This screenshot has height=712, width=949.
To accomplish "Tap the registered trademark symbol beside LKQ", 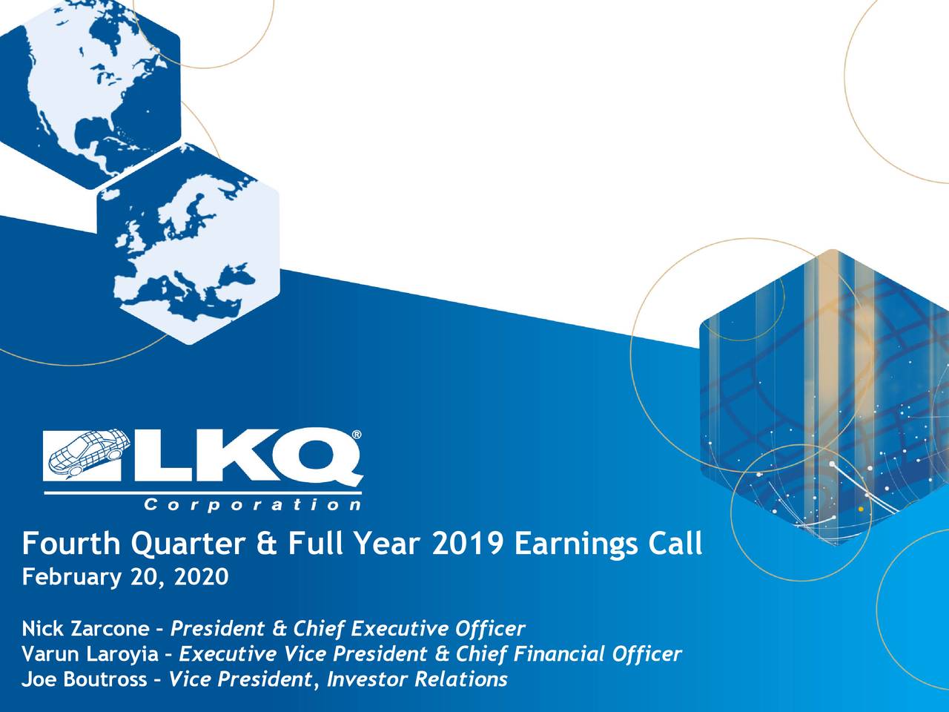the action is point(357,435).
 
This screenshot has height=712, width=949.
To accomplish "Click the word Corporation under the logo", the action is point(253,504).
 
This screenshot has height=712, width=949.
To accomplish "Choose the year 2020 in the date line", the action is point(202,577).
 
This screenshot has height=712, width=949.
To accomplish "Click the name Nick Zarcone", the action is point(85,629).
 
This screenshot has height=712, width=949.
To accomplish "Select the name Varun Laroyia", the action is point(90,654).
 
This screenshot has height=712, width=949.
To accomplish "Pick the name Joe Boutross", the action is point(85,679).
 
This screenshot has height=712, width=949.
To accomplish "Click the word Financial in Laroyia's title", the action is point(559,653).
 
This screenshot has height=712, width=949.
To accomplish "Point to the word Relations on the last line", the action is point(461,679).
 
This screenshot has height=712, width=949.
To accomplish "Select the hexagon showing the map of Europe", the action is point(188,244).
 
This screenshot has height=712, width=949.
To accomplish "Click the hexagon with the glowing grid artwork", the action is point(824,398).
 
